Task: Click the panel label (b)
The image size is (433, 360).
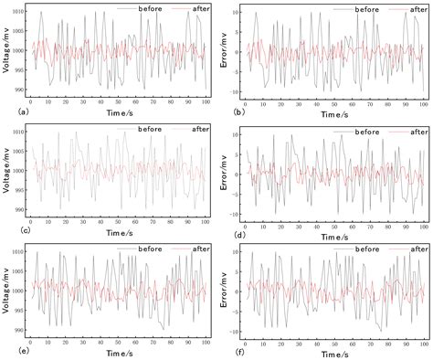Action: click(227, 111)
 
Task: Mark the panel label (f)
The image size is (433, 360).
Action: click(227, 354)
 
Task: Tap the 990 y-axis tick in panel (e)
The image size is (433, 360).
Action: click(19, 331)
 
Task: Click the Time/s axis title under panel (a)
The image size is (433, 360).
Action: click(119, 113)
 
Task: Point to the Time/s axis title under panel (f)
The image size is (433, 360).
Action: click(336, 354)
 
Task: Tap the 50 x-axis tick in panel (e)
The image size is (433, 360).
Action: click(119, 343)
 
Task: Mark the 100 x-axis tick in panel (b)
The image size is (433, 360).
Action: click(424, 101)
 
